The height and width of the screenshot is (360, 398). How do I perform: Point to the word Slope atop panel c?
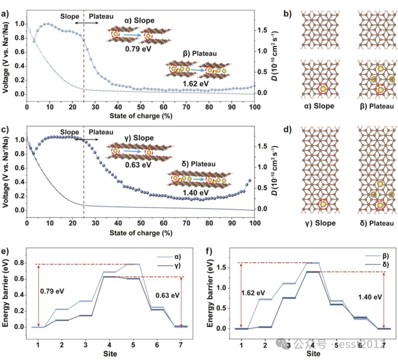(x=70, y=132)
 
